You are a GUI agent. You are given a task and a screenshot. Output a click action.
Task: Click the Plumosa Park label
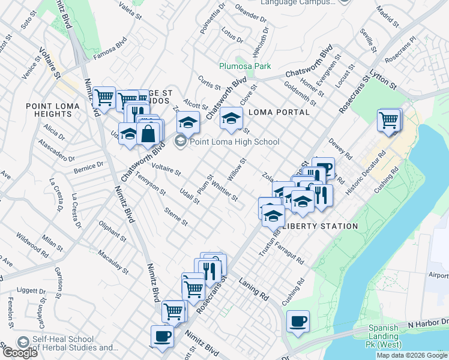(244, 66)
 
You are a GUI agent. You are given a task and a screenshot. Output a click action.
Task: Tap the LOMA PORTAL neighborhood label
(279, 112)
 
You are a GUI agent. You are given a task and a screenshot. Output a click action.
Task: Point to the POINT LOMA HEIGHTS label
(49, 110)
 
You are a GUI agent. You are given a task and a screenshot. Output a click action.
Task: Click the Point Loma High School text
(234, 142)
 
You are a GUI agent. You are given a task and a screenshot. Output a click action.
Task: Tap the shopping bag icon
(148, 131)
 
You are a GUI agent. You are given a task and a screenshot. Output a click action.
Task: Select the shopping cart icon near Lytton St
(389, 120)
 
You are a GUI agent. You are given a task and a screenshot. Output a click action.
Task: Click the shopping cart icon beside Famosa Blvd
(104, 97)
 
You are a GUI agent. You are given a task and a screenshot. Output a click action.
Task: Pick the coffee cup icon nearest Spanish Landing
(298, 321)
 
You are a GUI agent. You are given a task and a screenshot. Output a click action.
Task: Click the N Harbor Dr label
(427, 323)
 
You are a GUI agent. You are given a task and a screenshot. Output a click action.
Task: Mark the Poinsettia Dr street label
(212, 21)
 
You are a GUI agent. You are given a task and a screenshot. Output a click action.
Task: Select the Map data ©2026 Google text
(411, 355)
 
